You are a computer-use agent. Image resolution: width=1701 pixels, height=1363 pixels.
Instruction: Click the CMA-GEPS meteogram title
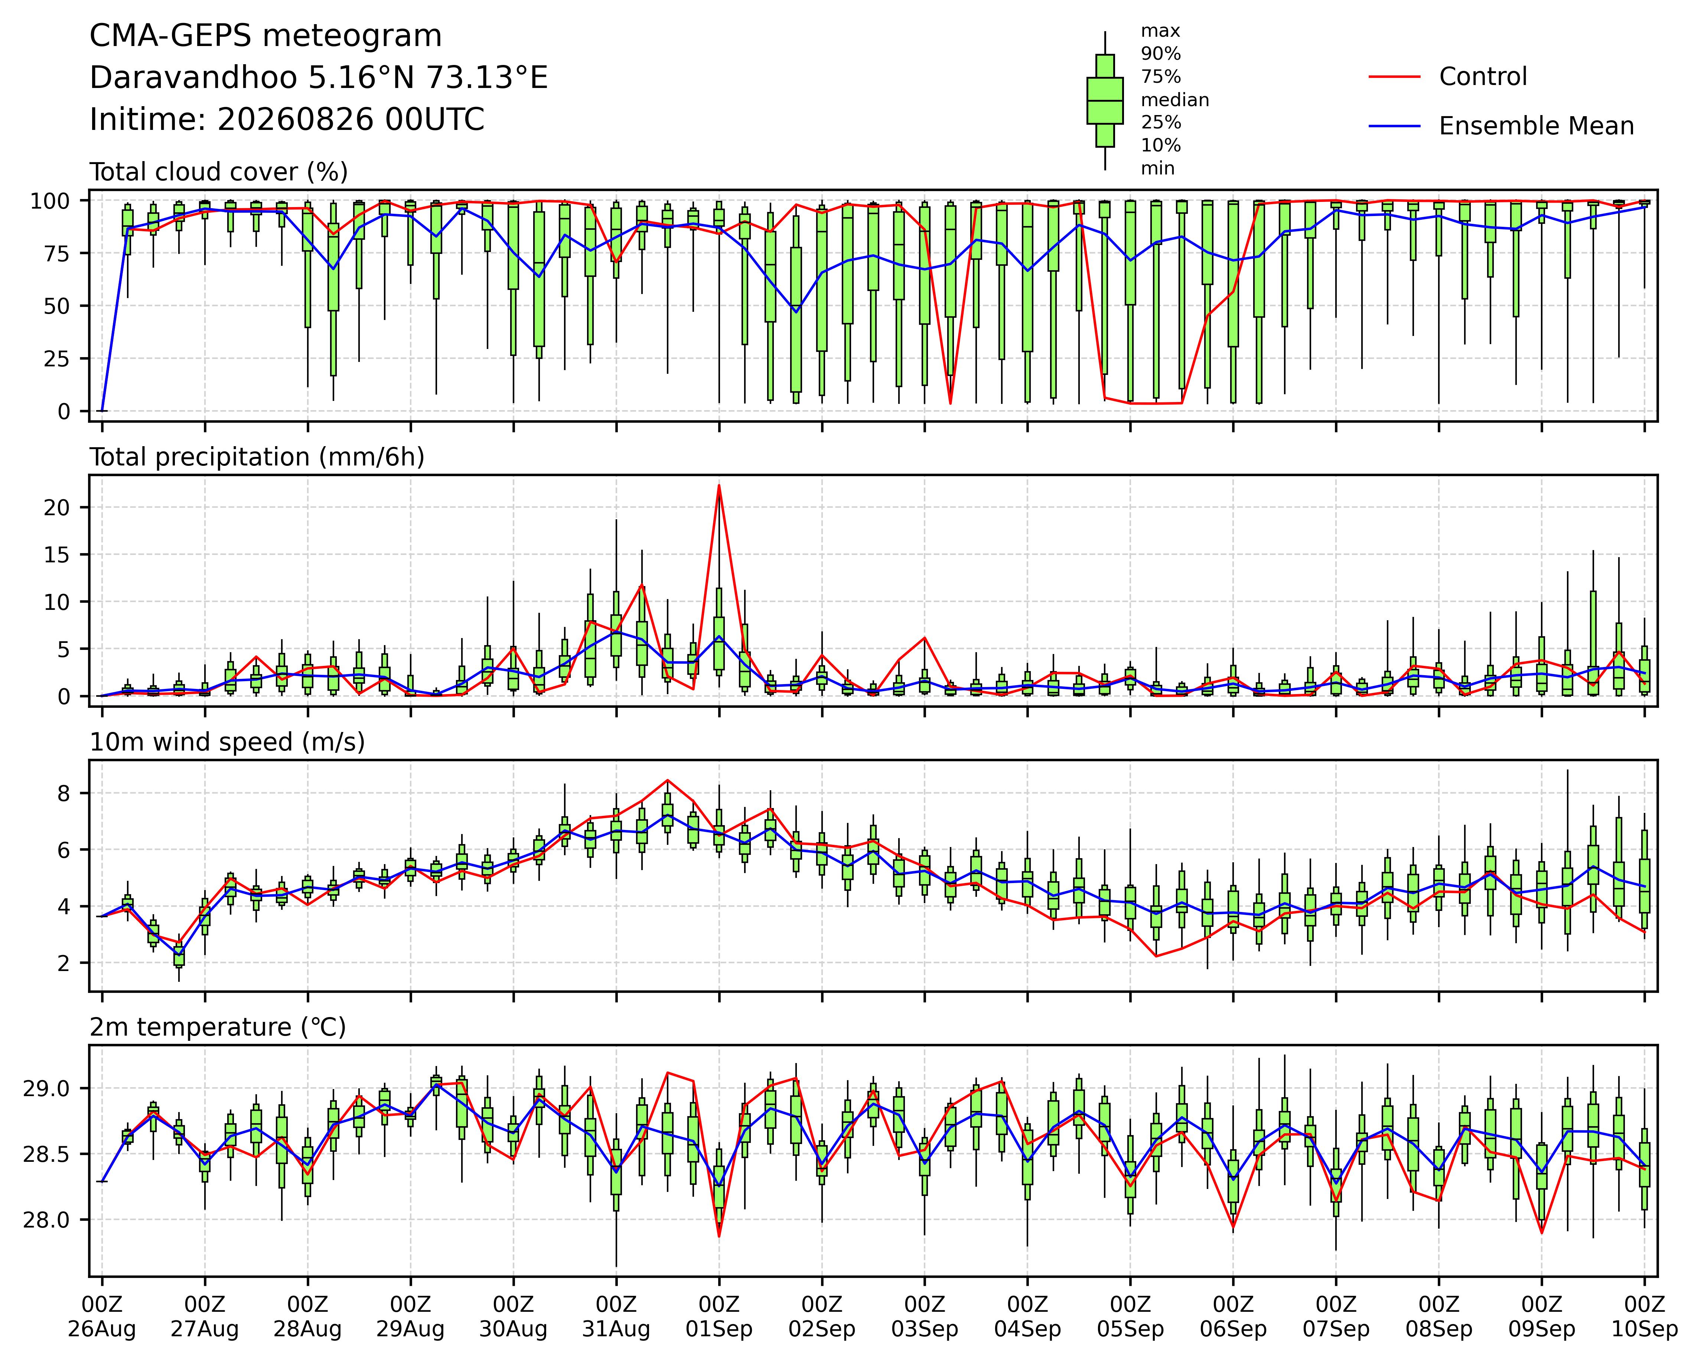point(266,36)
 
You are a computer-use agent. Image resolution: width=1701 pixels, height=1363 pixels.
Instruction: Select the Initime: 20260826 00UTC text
point(287,120)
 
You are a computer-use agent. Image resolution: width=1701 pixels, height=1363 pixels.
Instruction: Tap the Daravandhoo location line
point(319,78)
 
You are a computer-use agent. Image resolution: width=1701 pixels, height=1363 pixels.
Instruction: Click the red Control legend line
point(1394,76)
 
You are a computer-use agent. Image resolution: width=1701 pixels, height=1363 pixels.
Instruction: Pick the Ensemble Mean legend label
point(1536,126)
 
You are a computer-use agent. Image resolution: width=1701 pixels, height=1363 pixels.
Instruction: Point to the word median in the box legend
point(1175,100)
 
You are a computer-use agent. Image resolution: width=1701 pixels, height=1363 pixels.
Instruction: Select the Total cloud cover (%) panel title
point(219,172)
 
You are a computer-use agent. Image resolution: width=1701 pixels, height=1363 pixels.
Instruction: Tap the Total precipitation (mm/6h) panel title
point(257,457)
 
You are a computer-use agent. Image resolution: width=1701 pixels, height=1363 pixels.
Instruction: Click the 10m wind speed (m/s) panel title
point(227,742)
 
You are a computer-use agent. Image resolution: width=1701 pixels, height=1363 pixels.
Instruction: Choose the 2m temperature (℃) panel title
point(218,1027)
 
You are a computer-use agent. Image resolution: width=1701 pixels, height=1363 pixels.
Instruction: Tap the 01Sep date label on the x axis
point(719,1329)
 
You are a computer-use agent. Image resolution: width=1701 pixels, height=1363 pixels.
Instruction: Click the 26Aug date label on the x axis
point(102,1329)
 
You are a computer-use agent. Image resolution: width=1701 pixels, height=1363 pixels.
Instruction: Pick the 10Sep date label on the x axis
point(1644,1329)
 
